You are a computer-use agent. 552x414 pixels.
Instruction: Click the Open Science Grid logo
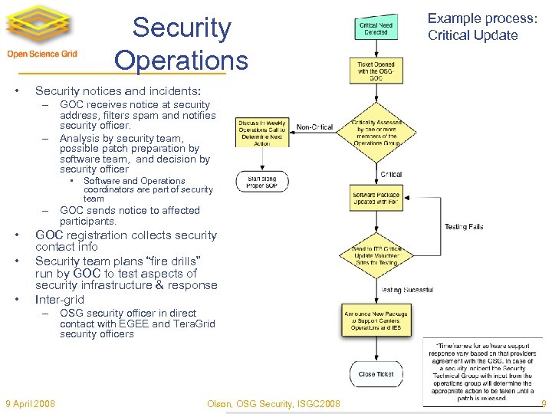click(42, 34)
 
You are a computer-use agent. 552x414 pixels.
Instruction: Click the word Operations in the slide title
click(181, 61)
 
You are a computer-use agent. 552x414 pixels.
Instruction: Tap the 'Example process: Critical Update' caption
click(472, 26)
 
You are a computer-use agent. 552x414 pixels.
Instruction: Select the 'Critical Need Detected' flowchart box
click(376, 28)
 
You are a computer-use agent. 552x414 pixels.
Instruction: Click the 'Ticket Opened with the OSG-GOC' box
click(376, 71)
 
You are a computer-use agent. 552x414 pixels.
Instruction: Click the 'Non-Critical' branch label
click(315, 127)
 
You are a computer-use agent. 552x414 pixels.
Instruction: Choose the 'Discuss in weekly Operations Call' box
click(262, 132)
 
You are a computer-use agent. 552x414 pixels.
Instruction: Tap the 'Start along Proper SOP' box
click(262, 182)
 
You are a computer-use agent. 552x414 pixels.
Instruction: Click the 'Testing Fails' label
click(464, 227)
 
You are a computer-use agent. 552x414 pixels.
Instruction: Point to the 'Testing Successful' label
click(407, 290)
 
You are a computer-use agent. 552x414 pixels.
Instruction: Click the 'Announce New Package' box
click(376, 320)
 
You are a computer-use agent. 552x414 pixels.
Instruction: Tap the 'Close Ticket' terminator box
click(376, 374)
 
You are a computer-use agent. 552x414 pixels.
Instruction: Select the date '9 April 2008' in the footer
click(30, 403)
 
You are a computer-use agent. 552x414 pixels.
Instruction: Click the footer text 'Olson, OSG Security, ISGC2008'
click(274, 403)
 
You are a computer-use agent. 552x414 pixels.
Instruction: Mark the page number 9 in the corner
click(543, 403)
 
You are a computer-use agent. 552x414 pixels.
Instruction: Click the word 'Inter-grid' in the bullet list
click(60, 299)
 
